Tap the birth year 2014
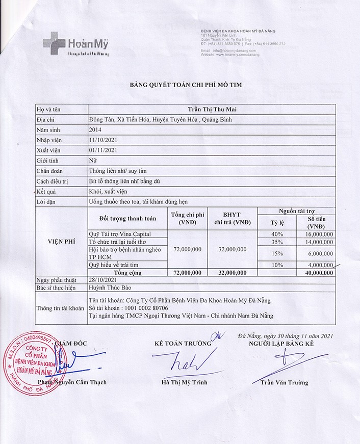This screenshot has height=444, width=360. tap(95, 129)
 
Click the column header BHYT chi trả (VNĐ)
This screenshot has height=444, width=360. tap(232, 218)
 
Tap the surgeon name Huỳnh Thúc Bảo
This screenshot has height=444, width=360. tap(110, 289)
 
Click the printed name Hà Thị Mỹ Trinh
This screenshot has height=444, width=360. tap(185, 382)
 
